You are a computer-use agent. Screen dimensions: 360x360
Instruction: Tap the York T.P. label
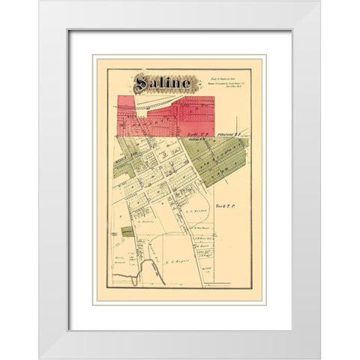225,205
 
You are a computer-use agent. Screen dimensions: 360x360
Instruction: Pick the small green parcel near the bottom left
127,233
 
